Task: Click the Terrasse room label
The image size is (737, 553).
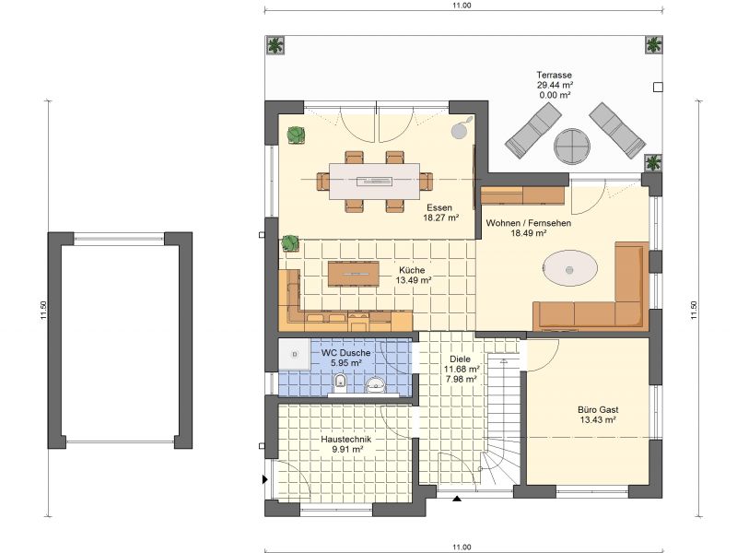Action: pos(555,75)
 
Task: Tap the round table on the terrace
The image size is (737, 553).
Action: pos(572,147)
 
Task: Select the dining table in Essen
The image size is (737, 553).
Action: pos(374,181)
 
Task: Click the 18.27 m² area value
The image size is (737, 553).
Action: pos(441,218)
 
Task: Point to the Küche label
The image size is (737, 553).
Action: pos(412,270)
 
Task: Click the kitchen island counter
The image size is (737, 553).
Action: pos(354,274)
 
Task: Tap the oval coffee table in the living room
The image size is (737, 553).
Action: pos(569,268)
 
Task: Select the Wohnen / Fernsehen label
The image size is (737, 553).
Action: pos(528,223)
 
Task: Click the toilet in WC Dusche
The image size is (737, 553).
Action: pos(340,382)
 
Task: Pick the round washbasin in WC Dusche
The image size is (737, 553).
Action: pos(375,385)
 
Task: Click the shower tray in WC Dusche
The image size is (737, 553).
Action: pos(294,354)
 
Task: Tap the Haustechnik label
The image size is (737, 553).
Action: pos(346,440)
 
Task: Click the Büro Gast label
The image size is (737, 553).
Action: pos(598,409)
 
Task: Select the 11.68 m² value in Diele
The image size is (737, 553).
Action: pos(462,370)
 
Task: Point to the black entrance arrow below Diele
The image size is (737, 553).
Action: pos(456,498)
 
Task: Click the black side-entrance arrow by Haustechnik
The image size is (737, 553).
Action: pos(265,479)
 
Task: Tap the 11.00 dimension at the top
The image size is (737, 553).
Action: pos(462,6)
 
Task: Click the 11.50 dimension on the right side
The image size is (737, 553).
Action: pos(694,311)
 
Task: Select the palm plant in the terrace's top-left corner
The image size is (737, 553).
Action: pos(275,45)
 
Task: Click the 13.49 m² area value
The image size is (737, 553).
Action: pos(413,280)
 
